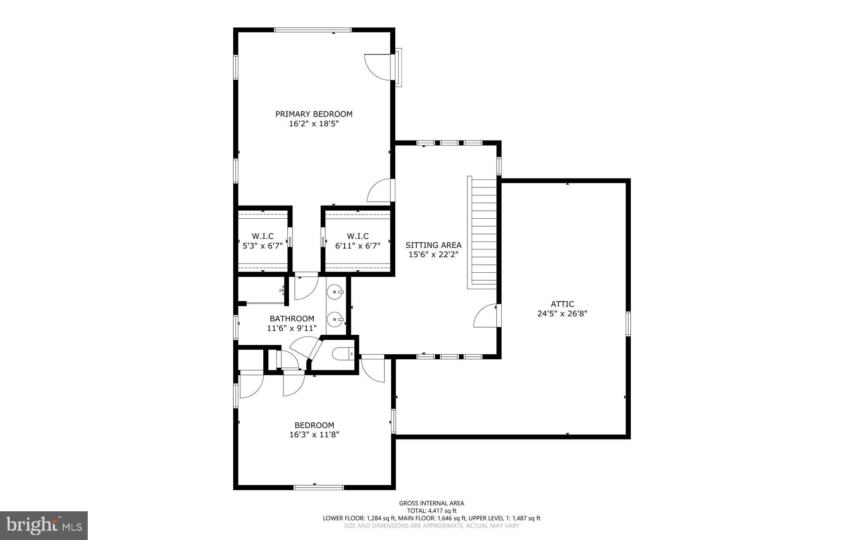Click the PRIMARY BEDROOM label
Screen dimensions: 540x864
[314, 114]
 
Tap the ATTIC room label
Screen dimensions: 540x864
[562, 304]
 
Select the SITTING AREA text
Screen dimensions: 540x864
[433, 245]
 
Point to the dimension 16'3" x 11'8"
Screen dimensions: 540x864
[314, 434]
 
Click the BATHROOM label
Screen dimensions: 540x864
[292, 318]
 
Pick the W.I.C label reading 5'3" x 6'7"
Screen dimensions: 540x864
[262, 241]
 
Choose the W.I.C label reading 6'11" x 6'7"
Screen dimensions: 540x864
[358, 241]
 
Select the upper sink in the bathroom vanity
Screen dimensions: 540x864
[336, 292]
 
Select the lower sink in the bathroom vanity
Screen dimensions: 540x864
[336, 320]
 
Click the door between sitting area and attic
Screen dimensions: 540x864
[485, 316]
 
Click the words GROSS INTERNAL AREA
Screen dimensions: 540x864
[432, 503]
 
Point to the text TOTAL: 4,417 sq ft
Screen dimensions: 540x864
[432, 511]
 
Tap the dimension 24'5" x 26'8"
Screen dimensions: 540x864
[562, 314]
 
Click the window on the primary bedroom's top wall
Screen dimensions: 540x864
[313, 30]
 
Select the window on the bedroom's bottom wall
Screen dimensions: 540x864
[319, 487]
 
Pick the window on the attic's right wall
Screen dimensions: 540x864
[628, 323]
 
